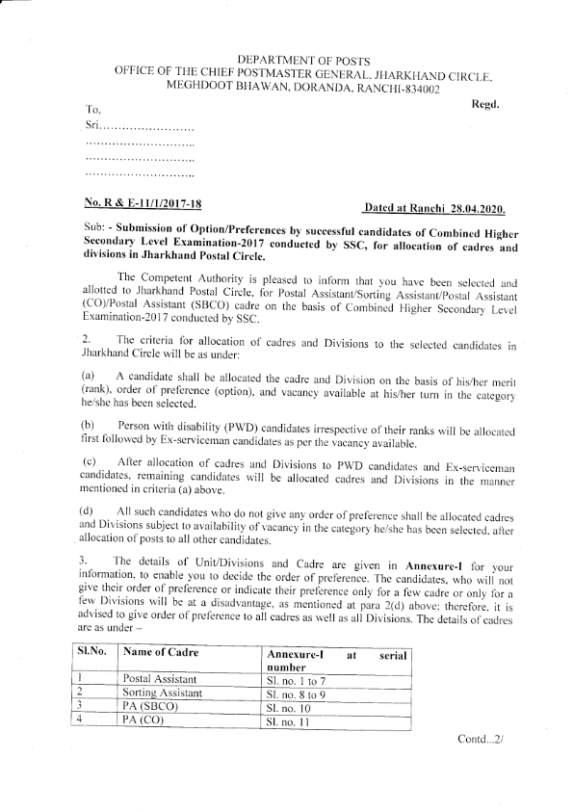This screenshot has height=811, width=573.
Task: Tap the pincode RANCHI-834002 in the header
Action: pos(397,88)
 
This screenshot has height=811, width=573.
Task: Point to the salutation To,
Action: pos(93,112)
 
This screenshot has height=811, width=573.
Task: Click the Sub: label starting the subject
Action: pos(98,232)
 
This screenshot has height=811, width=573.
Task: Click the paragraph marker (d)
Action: pos(89,509)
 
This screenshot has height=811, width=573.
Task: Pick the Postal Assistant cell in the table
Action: pos(162,679)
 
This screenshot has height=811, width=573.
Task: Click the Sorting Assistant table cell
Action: pos(163,693)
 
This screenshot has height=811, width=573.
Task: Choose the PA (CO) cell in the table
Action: pos(143,719)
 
